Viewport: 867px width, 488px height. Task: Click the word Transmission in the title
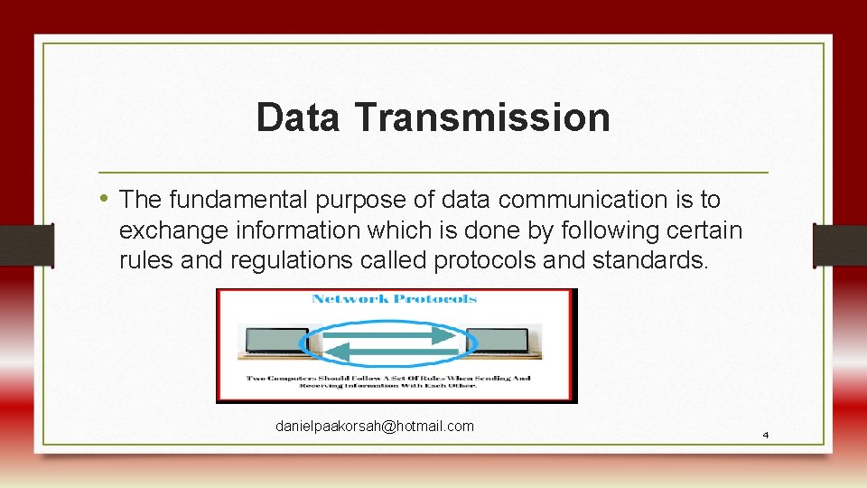482,117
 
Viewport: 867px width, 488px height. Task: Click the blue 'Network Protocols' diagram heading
395,299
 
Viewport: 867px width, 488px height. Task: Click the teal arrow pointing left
388,352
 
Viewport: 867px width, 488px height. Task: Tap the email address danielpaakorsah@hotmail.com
374,426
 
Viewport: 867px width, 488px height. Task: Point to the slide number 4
765,436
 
